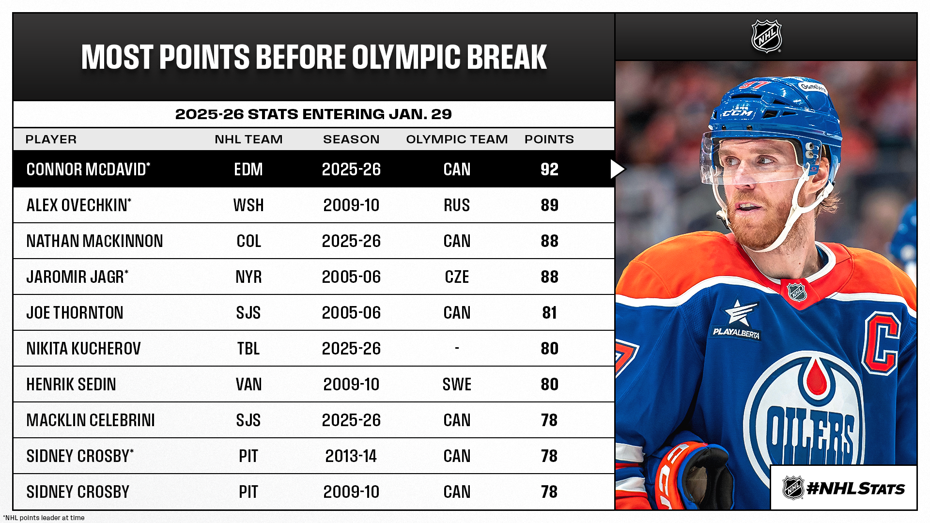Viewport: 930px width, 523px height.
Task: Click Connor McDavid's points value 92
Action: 549,169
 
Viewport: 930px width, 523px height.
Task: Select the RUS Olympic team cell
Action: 457,205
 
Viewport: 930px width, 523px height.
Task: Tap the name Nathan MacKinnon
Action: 94,241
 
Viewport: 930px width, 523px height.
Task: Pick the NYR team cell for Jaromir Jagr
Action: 248,277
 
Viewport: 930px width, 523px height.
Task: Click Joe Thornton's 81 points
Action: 549,313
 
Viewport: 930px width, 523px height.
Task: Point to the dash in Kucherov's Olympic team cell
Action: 457,348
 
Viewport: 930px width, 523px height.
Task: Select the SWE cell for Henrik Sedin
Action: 457,385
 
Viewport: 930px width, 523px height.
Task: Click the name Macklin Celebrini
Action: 91,420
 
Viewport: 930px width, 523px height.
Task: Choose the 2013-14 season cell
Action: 351,456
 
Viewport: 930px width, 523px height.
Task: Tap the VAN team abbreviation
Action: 248,385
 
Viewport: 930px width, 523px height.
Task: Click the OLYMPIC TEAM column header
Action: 457,139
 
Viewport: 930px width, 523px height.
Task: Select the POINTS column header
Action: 549,139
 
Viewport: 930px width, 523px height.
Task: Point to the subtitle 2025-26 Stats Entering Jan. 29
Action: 313,114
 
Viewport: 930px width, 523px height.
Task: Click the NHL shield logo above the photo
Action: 766,36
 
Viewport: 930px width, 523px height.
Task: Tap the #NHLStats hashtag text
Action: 855,489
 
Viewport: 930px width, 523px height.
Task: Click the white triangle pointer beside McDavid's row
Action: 617,169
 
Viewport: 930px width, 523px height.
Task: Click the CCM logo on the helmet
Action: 738,113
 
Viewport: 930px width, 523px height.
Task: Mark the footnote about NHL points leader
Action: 44,518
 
